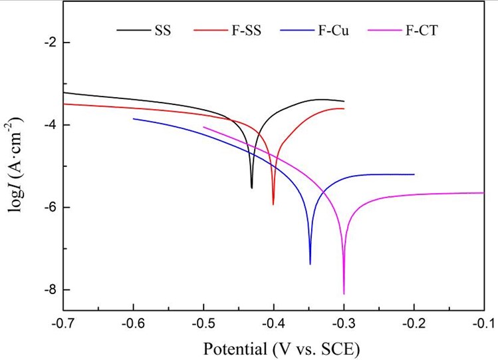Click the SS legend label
click(x=162, y=30)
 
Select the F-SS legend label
click(x=247, y=30)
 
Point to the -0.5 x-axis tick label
click(x=203, y=323)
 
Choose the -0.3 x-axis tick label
click(x=344, y=323)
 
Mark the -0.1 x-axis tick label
click(x=483, y=323)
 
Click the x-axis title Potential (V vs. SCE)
click(x=273, y=347)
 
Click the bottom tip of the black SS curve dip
click(x=252, y=188)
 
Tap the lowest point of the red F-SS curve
click(x=273, y=204)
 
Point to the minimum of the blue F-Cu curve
click(x=311, y=264)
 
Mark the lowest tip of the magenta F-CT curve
click(x=344, y=293)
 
